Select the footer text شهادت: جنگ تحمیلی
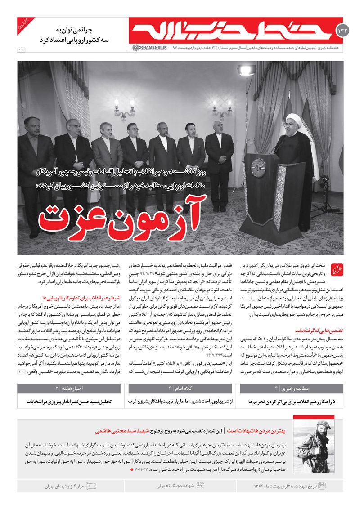click(x=169, y=486)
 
